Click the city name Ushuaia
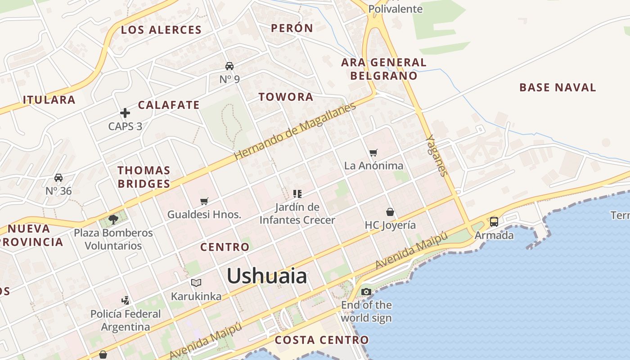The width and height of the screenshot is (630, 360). [267, 276]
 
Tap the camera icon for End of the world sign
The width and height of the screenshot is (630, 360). [366, 292]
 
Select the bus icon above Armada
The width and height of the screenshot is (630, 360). [494, 221]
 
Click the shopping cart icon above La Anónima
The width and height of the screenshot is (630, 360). [373, 153]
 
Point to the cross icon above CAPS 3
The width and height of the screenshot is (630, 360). [125, 113]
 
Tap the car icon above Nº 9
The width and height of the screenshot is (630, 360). [229, 66]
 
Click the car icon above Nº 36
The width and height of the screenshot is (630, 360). [58, 178]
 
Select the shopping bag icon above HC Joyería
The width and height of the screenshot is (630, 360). [390, 212]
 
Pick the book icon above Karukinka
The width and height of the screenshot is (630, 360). [196, 283]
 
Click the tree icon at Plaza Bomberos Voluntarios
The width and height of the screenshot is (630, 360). [113, 220]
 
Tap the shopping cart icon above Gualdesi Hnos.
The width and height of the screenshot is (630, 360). [204, 201]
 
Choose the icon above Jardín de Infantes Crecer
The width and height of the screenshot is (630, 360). [297, 194]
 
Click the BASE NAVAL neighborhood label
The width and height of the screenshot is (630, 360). [558, 87]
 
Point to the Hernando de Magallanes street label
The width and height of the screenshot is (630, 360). [295, 131]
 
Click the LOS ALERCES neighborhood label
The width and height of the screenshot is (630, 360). [161, 30]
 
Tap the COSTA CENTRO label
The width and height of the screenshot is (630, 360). [322, 340]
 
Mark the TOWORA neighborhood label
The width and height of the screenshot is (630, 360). [286, 97]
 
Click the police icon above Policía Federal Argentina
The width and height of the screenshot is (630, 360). [126, 300]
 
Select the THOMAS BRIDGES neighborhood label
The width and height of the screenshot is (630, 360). [144, 177]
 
